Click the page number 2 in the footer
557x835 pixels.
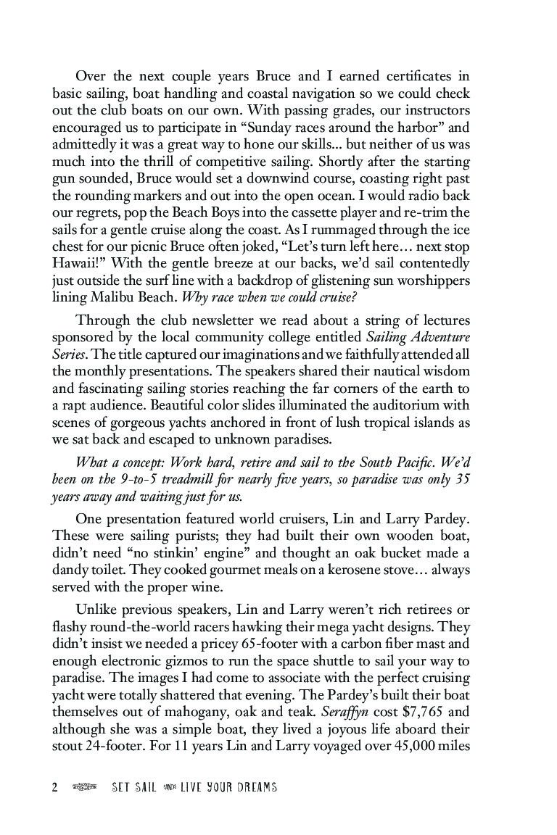(54, 787)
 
